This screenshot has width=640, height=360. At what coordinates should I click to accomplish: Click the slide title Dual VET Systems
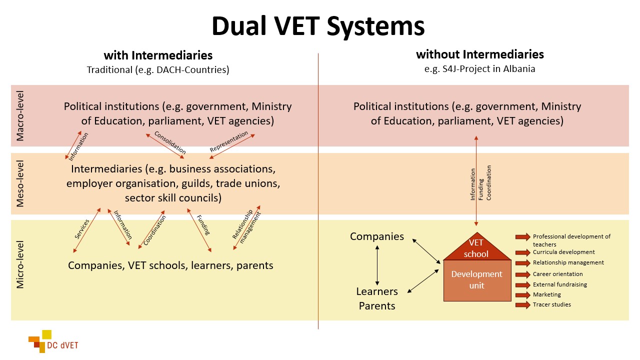[x=318, y=26]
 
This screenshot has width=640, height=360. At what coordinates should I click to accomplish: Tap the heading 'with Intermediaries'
[x=158, y=55]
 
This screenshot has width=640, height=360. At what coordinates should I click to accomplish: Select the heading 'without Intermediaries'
[x=479, y=54]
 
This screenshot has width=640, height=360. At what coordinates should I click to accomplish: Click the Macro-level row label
[x=20, y=116]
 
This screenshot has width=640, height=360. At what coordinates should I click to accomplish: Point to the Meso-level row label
[x=20, y=183]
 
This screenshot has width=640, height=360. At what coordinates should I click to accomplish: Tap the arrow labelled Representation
[x=232, y=146]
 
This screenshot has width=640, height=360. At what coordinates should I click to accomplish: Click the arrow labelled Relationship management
[x=246, y=228]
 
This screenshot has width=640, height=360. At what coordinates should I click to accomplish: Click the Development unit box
[x=476, y=280]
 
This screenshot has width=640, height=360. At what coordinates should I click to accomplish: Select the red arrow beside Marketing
[x=522, y=295]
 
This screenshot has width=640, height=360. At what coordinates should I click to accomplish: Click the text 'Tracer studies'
[x=551, y=304]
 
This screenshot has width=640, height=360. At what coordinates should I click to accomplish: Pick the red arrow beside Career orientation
[x=522, y=274]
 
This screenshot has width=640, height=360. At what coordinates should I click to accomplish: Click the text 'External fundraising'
[x=559, y=284]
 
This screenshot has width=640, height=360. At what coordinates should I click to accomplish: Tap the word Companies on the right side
[x=376, y=236]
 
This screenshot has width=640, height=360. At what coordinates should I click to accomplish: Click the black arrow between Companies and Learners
[x=377, y=264]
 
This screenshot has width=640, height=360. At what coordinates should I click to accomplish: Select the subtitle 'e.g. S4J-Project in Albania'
[x=479, y=69]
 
